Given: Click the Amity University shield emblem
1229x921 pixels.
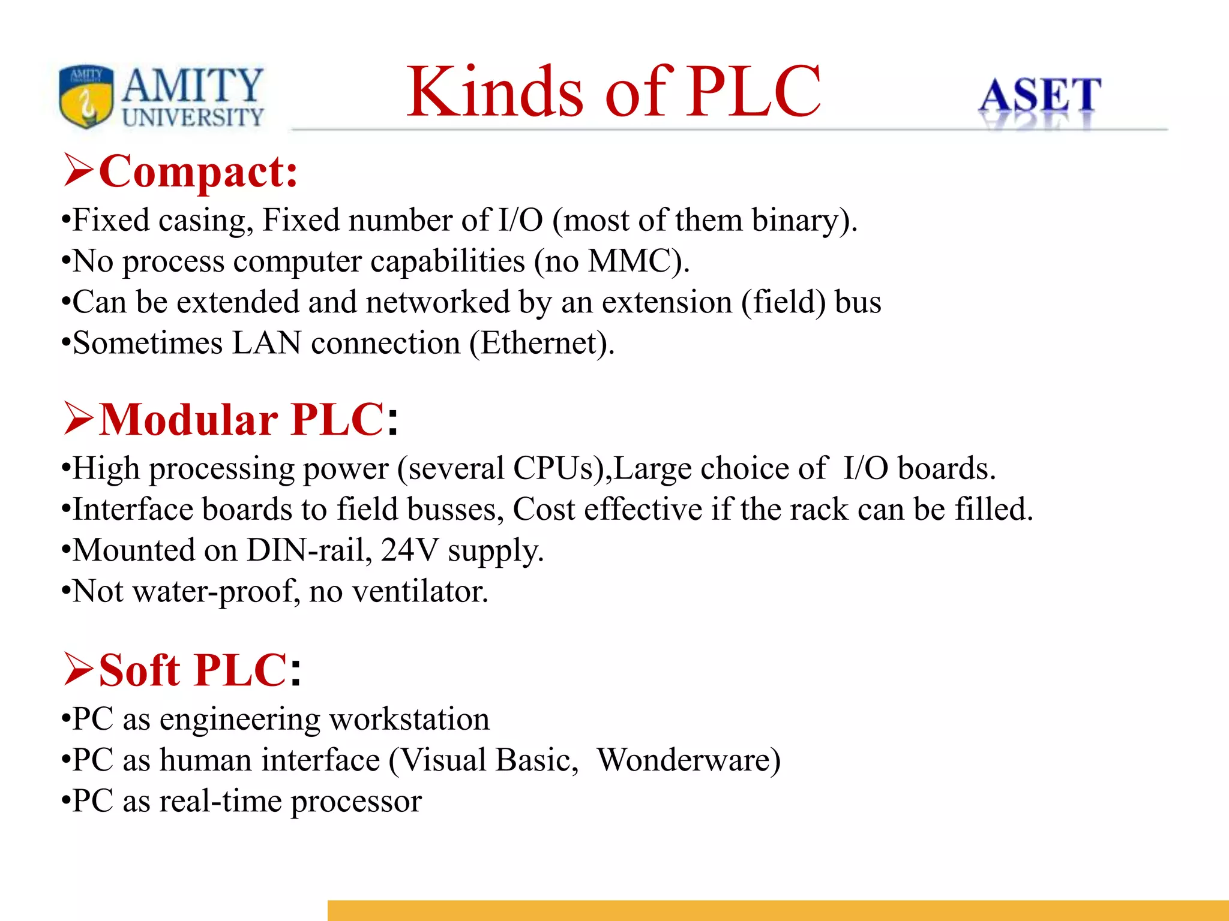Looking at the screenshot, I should click(86, 96).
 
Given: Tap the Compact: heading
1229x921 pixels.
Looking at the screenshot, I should click(198, 172).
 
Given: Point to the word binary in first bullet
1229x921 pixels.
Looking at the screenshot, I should click(795, 220).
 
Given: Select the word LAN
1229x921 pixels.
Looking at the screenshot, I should click(266, 343).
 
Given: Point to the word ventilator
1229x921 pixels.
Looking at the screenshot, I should click(419, 591).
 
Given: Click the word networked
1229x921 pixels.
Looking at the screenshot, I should click(437, 302).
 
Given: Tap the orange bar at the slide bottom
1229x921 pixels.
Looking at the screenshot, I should click(778, 910).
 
